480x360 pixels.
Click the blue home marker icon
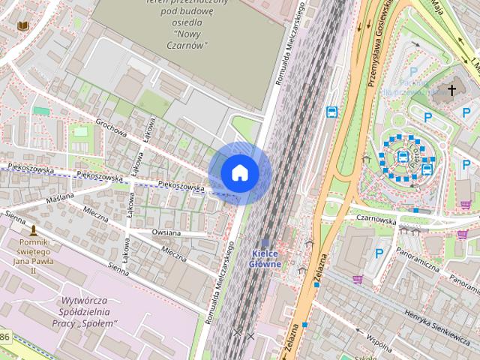pyautogui.click(x=240, y=172)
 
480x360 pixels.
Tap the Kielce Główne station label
pyautogui.click(x=266, y=259)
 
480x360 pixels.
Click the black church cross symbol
pyautogui.click(x=451, y=90)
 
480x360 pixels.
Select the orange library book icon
pyautogui.click(x=22, y=26)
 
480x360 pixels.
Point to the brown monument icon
pyautogui.click(x=33, y=229)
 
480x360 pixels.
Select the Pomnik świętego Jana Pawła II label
pyautogui.click(x=38, y=256)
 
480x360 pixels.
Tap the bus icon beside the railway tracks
pyautogui.click(x=331, y=112)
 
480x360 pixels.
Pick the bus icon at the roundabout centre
pyautogui.click(x=403, y=157)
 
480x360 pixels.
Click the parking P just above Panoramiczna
pyautogui.click(x=379, y=254)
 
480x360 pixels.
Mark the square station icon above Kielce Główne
pyautogui.click(x=265, y=243)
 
